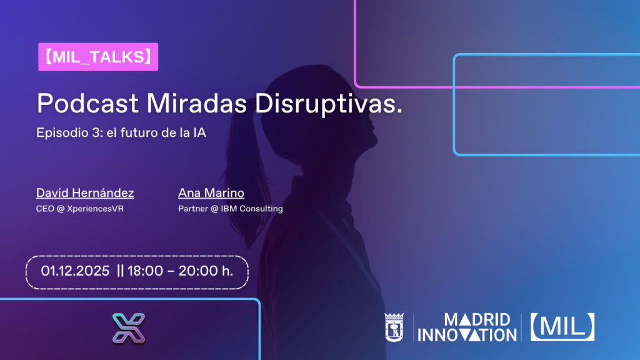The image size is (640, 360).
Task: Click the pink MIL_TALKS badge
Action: coord(98,57)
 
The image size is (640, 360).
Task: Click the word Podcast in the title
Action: coord(87,103)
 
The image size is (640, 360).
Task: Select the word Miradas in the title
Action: coord(197,103)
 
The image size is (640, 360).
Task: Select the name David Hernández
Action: coord(85,192)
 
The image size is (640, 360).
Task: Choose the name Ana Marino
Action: coord(211,192)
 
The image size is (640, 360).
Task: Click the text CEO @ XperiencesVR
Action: coord(79,209)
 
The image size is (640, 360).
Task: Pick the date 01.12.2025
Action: coord(75,271)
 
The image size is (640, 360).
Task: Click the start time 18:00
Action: coord(145,271)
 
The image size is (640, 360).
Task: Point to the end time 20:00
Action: coord(197,271)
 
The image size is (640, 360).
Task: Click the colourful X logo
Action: coord(129,328)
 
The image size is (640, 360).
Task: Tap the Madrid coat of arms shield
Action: coord(394,327)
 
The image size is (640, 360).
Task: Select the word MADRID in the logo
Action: coord(477,320)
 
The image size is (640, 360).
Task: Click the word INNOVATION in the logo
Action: coord(467,335)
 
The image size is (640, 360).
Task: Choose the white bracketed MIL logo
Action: coord(562,327)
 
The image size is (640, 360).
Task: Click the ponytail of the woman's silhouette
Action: coord(245,171)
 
